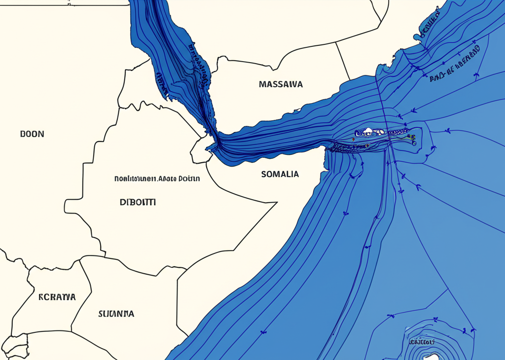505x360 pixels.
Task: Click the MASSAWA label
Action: click(x=281, y=84)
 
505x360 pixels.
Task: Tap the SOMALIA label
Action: click(x=280, y=174)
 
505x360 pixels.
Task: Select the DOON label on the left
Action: click(x=32, y=134)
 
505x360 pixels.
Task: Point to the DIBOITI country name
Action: click(x=138, y=202)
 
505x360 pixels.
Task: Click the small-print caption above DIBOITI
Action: click(x=157, y=179)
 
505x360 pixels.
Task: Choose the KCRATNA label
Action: click(x=57, y=297)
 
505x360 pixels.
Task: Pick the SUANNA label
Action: click(x=116, y=314)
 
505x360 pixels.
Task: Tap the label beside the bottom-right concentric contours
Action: click(x=421, y=342)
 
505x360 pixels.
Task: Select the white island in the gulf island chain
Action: click(x=367, y=132)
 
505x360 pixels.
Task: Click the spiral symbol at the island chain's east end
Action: click(x=414, y=143)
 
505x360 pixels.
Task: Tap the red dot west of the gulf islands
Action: click(x=353, y=140)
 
